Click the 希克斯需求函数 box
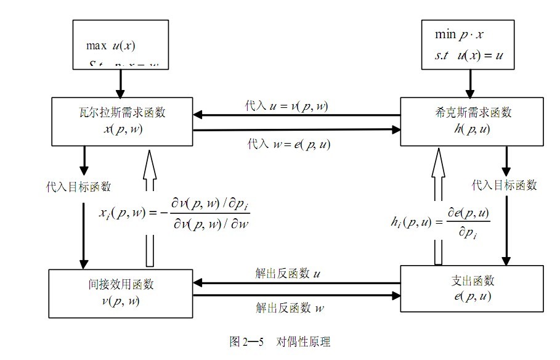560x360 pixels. coord(473,121)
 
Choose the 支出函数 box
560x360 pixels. coord(472,288)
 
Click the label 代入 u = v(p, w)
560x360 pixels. coord(286,106)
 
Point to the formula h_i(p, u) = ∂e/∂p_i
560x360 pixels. coord(441,222)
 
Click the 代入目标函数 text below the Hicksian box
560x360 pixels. coord(504,185)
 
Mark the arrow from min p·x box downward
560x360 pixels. coord(472,81)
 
